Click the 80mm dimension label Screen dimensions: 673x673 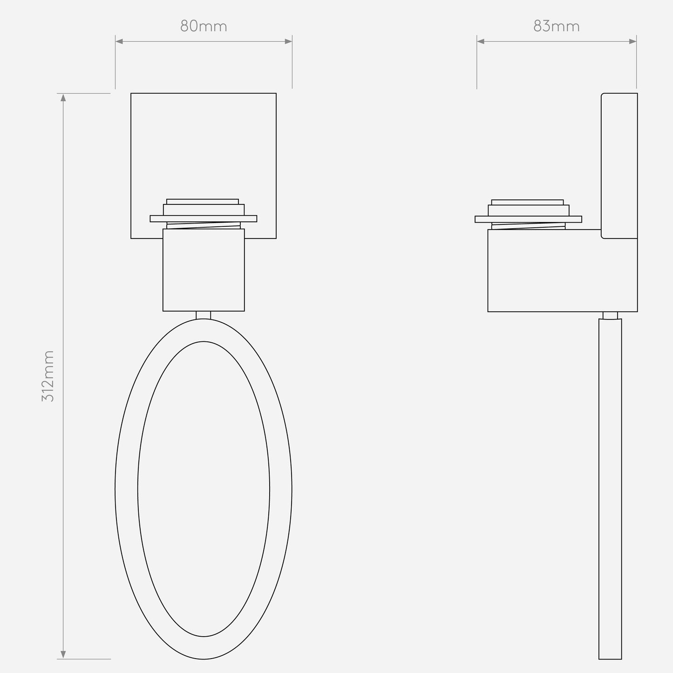[204, 27]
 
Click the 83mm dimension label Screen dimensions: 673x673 [557, 27]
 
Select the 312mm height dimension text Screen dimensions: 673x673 [48, 376]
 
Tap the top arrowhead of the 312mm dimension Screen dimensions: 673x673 [63, 97]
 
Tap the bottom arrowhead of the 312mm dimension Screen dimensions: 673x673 [63, 655]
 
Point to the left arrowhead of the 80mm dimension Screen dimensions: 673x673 [119, 41]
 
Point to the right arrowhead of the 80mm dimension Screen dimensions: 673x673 [288, 41]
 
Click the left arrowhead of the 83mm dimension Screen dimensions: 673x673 [481, 41]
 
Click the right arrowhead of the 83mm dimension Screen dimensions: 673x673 [632, 41]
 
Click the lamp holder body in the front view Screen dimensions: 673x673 [204, 270]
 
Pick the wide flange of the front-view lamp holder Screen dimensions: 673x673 [204, 218]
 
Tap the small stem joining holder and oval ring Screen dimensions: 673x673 [204, 315]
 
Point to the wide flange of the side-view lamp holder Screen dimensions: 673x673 [528, 219]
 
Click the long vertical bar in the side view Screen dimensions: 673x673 [610, 489]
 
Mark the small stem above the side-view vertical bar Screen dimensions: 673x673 [610, 315]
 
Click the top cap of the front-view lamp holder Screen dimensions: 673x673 [203, 202]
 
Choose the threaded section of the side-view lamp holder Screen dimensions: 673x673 [528, 226]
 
